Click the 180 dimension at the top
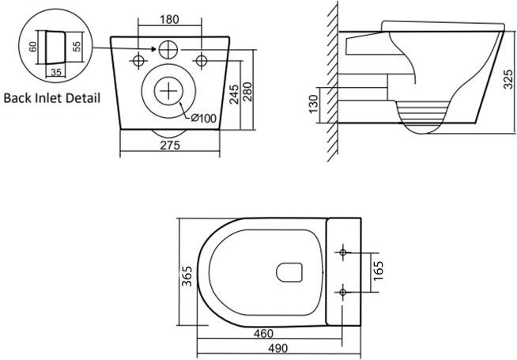point(169,20)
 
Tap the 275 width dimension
point(170,146)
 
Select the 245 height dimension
point(234,94)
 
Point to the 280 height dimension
point(247,92)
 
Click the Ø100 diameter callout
point(204,118)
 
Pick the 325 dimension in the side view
point(508,79)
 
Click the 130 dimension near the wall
point(313,104)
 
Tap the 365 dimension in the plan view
point(187,276)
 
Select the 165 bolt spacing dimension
point(378,271)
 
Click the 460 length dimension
point(263,334)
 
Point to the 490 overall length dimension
point(277,348)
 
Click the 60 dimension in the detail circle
point(32,47)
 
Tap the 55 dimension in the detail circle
point(76,46)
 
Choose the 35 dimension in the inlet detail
point(56,72)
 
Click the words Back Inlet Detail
point(51,98)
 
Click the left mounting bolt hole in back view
point(138,61)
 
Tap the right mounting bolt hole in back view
point(201,61)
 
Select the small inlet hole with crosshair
point(168,50)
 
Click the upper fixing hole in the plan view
point(343,252)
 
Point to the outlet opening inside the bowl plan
point(289,272)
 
